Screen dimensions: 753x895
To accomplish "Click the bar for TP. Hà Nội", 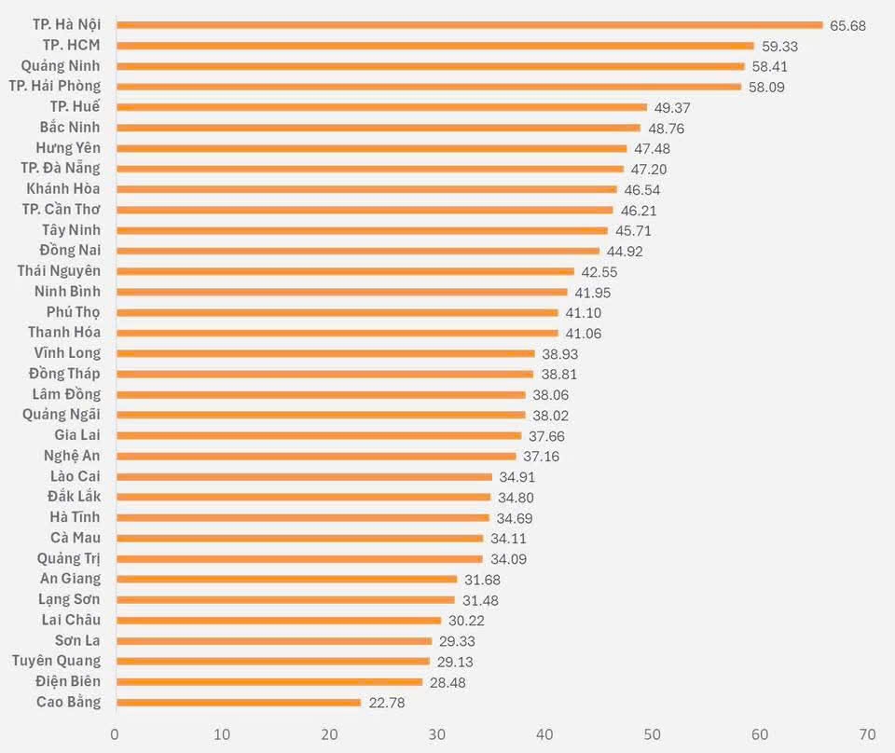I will (x=469, y=25).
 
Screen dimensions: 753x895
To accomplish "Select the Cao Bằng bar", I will (x=238, y=702).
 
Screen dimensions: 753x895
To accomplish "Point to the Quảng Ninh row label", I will (x=61, y=66).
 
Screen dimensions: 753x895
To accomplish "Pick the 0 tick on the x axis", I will (x=115, y=733).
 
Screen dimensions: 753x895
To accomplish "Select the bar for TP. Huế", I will (x=380, y=107).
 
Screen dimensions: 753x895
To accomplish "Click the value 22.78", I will (x=387, y=703).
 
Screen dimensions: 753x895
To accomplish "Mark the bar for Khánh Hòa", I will (x=365, y=189).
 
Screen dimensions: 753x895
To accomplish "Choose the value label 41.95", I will (x=593, y=293).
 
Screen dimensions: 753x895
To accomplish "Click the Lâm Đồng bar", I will (x=320, y=394).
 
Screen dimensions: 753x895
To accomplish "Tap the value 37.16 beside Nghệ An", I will (x=542, y=457).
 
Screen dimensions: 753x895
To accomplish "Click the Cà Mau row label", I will (x=76, y=538).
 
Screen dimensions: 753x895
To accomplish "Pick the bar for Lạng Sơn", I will (x=284, y=599).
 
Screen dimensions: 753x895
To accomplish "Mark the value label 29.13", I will (x=456, y=662).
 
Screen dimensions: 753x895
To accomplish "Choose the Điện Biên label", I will (x=69, y=681).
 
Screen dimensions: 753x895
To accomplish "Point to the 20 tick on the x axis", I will (x=329, y=733).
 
